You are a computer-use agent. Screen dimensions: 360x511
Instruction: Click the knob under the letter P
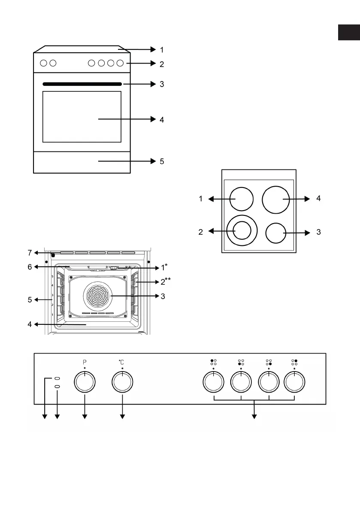(85, 381)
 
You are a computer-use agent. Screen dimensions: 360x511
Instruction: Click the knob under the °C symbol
(122, 381)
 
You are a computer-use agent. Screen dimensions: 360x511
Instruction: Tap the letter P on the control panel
(85, 362)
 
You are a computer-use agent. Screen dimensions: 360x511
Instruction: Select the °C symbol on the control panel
(121, 362)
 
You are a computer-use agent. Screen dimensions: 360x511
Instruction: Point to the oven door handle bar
(82, 84)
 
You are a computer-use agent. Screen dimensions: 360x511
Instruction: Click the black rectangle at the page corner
(349, 32)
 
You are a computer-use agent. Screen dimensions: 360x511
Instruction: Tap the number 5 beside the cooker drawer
(162, 161)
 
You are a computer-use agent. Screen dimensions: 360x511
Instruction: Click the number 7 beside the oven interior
(30, 253)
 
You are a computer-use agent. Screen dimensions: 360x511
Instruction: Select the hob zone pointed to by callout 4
(276, 200)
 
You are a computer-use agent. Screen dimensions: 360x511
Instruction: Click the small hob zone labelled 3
(276, 233)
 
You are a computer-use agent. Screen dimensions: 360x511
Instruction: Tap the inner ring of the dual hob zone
(242, 230)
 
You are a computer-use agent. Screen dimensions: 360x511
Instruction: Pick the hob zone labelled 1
(242, 199)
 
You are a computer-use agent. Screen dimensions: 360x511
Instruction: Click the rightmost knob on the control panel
(294, 381)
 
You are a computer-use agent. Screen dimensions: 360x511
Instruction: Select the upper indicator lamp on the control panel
(57, 378)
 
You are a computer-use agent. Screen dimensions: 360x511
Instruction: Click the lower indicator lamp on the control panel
(57, 387)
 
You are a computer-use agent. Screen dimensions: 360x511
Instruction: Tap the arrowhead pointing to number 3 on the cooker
(154, 84)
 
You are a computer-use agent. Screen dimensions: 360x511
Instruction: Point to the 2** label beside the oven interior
(166, 281)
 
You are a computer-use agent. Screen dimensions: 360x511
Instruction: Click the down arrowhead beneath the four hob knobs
(254, 417)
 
